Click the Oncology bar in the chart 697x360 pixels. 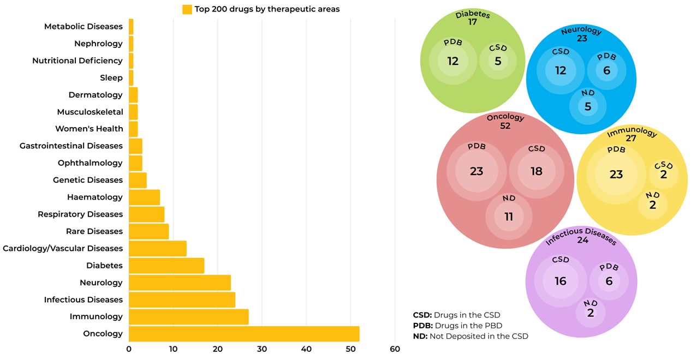pos(244,334)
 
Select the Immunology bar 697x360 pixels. pos(188,317)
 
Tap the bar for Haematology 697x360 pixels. pos(144,197)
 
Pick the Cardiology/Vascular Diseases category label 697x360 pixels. pos(63,249)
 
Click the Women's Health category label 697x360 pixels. pos(89,129)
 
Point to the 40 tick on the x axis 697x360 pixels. pos(306,349)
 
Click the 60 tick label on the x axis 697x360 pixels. pos(395,349)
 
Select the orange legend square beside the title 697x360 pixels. pos(187,9)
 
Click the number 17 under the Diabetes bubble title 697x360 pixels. pos(473,22)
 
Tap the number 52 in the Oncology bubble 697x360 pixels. pos(505,126)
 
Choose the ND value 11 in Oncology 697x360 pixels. pos(509,217)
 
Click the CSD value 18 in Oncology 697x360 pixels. pos(537,171)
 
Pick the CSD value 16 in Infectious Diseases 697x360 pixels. pos(561,281)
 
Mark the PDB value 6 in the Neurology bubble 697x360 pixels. pos(606,70)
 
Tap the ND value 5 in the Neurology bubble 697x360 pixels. pos(588,107)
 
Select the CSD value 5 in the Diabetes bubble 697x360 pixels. pos(498,62)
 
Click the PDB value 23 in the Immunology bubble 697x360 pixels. pos(616,175)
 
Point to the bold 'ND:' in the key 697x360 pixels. pos(420,337)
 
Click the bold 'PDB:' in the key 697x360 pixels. pos(422,326)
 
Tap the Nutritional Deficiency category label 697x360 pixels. pos(78,61)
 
